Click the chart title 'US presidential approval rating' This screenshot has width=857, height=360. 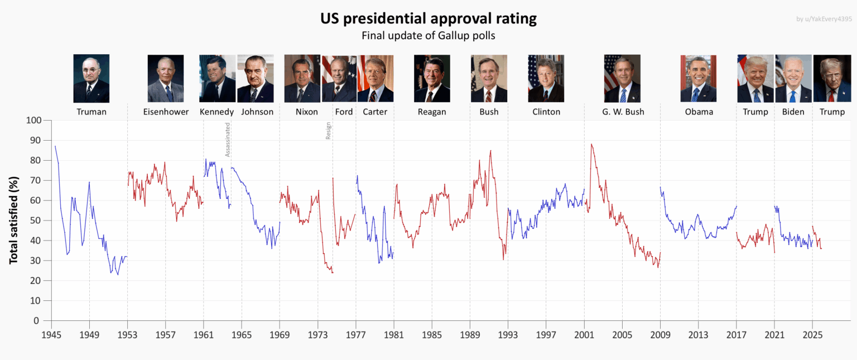(428, 18)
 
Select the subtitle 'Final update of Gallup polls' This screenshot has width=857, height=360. (428, 36)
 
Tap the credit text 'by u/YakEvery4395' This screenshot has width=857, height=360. (824, 19)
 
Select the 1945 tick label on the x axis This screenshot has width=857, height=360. (51, 335)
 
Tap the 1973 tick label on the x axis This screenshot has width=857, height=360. (317, 335)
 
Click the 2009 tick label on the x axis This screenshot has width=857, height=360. (660, 335)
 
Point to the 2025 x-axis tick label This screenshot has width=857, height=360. (812, 335)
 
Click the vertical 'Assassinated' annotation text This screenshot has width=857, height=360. (228, 140)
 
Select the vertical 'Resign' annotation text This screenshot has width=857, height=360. (329, 131)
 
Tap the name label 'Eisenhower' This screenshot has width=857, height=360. (166, 112)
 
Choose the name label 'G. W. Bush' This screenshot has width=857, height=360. (623, 112)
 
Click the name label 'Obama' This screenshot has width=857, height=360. (699, 112)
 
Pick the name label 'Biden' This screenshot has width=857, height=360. (793, 112)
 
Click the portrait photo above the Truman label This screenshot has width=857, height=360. (92, 78)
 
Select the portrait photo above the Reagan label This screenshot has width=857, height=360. (432, 78)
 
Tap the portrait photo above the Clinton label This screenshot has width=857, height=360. (546, 78)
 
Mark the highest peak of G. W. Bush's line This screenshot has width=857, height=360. (591, 144)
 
